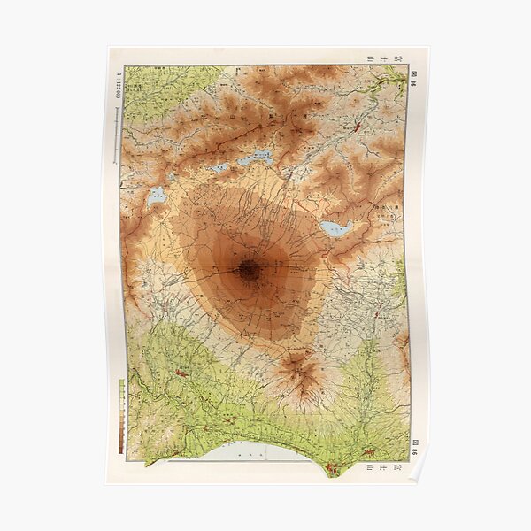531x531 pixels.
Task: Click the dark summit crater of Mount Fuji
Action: [249, 271]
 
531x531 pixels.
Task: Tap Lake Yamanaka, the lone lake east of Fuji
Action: [335, 228]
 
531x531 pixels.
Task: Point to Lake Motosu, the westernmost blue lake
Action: [157, 197]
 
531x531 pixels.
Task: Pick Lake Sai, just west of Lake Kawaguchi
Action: [217, 168]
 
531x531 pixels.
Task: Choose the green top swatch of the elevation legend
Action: [121, 384]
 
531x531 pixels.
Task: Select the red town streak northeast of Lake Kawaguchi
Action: [357, 129]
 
